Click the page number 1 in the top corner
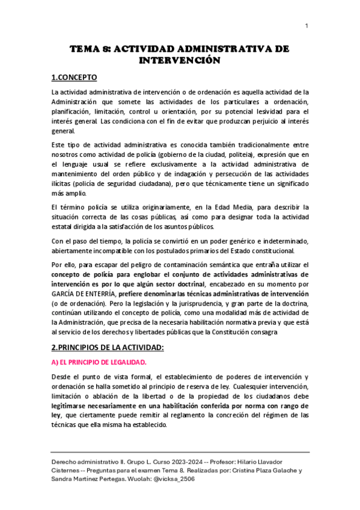point(307,25)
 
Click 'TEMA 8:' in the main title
point(90,50)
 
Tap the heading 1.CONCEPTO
point(74,78)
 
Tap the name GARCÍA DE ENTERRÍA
point(84,293)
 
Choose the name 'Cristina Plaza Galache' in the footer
point(258,470)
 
